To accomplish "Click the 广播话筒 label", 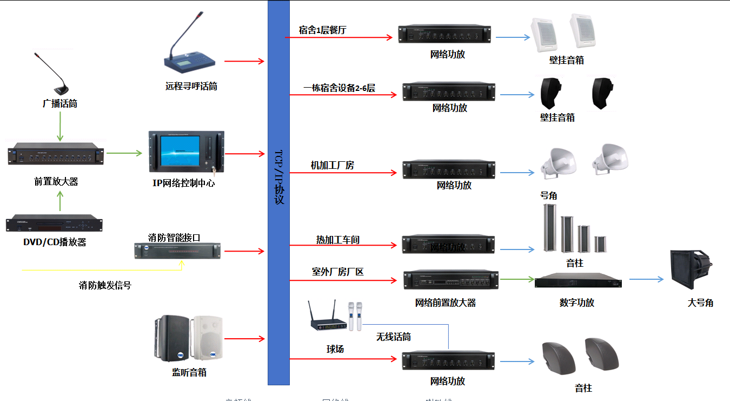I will click(60, 103).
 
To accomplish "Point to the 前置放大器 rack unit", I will click(56, 156).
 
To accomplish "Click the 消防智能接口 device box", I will click(177, 251).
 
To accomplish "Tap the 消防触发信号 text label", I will click(105, 285).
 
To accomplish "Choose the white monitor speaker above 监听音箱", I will click(208, 338).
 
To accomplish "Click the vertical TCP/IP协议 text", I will click(279, 176).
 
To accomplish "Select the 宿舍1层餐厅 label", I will click(322, 30).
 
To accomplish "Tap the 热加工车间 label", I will click(338, 239).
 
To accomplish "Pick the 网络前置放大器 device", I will click(451, 280).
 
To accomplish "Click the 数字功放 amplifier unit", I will click(578, 282).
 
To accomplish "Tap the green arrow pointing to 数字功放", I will click(516, 279).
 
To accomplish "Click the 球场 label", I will click(335, 349).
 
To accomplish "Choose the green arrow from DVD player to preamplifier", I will click(60, 202).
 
